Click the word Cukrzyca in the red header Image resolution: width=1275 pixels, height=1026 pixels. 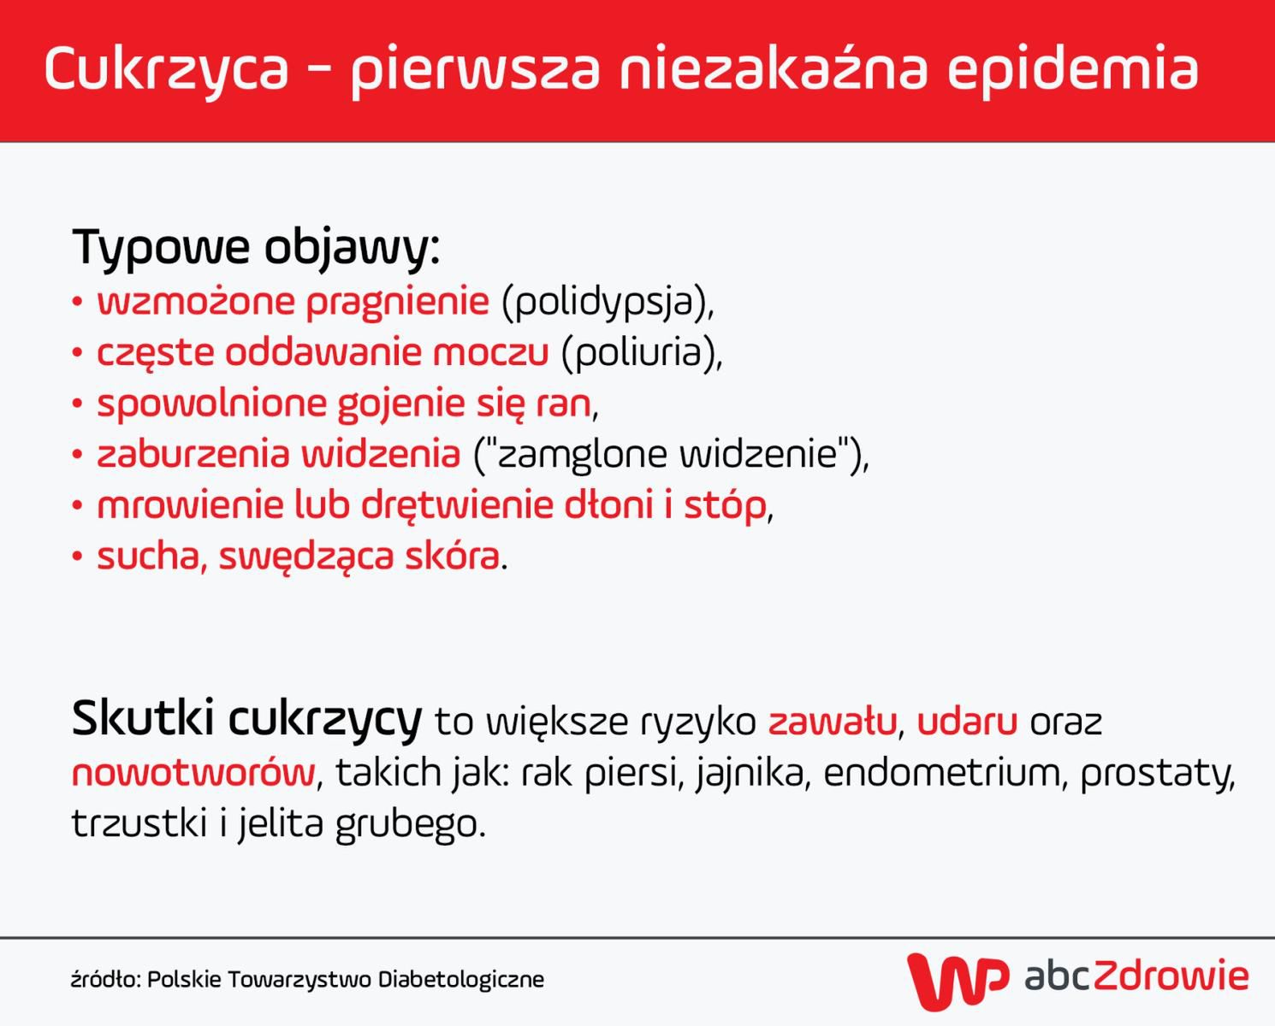pos(167,69)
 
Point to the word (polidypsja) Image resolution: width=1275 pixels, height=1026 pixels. pos(607,302)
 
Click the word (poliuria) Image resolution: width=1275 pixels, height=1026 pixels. pos(641,352)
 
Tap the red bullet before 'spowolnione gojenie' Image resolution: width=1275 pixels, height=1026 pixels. pos(78,404)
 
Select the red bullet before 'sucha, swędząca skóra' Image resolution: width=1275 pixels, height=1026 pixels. pos(78,557)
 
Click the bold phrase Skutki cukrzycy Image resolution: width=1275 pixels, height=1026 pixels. pos(246,719)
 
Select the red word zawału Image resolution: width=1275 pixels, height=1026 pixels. pos(831,722)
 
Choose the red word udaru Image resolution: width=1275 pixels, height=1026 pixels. pos(967,722)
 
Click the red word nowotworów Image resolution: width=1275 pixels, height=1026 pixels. pos(193,773)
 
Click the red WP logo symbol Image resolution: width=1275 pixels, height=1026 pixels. pos(957,980)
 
